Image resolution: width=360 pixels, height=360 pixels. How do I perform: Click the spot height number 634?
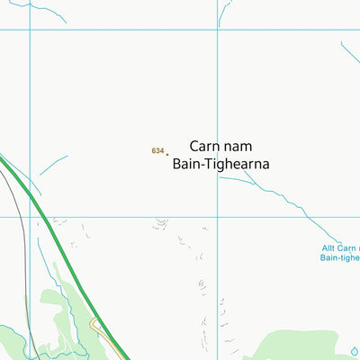click(x=157, y=151)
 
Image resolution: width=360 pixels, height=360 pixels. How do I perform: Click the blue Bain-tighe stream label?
click(x=340, y=257)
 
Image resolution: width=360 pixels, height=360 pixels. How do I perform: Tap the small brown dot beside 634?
click(x=167, y=154)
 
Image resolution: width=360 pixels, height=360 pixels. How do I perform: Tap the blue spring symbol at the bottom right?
click(x=354, y=352)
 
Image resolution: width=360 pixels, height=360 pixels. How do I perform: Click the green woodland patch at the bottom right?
click(x=297, y=346)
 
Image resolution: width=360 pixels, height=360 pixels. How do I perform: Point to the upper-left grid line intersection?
click(x=30, y=30)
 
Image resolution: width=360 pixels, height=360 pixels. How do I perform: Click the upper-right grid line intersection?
click(x=218, y=30)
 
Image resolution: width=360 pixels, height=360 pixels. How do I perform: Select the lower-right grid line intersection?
click(x=218, y=216)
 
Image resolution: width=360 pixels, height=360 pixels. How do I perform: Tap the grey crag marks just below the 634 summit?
click(x=161, y=223)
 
